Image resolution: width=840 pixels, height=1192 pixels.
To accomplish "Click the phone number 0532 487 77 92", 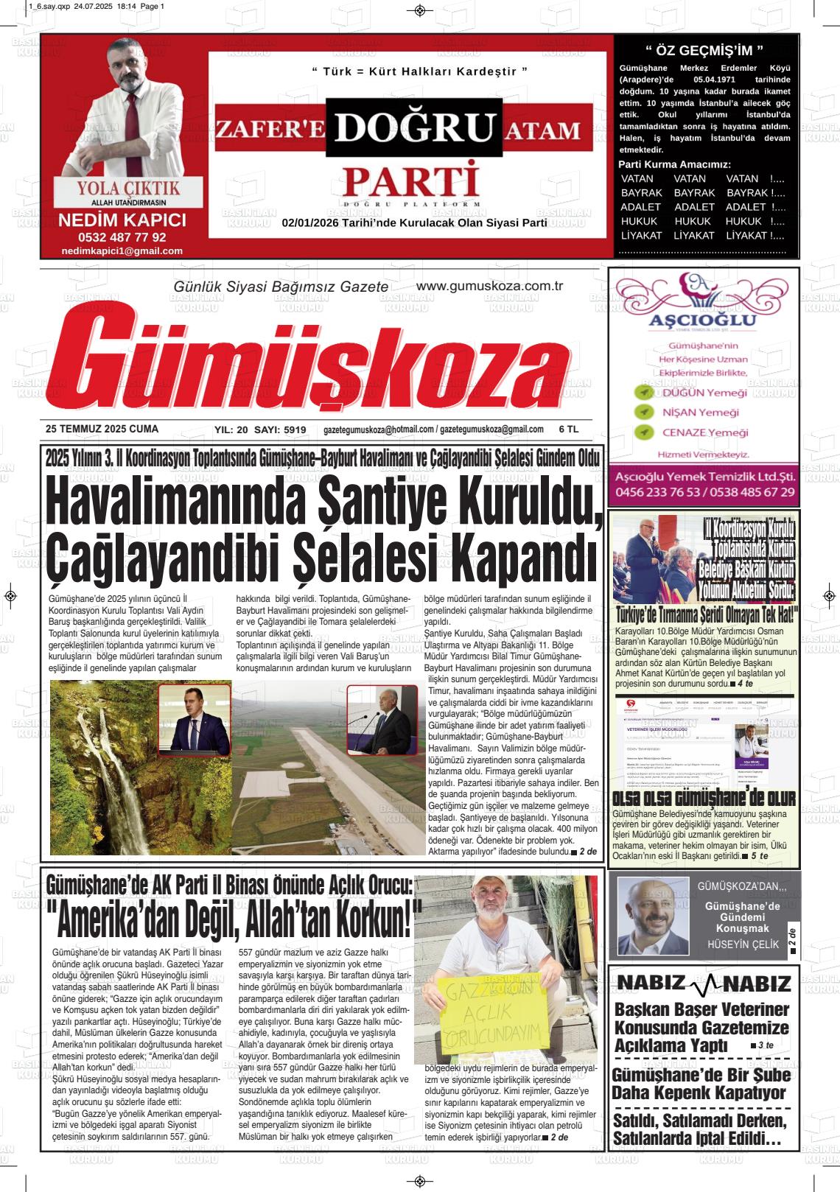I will click(122, 237).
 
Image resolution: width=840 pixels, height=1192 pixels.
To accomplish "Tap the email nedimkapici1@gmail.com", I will click(122, 251).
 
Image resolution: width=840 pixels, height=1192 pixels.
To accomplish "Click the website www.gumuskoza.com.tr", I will click(489, 287).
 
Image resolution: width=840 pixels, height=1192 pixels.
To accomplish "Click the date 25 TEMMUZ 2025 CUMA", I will click(102, 429).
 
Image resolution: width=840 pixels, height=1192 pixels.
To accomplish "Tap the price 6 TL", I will click(569, 429).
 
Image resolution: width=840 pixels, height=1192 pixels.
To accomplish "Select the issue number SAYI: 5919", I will click(280, 430).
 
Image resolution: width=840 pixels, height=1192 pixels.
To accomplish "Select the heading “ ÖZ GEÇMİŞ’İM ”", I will click(704, 51).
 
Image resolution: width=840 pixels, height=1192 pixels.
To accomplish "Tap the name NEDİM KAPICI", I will click(122, 220).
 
